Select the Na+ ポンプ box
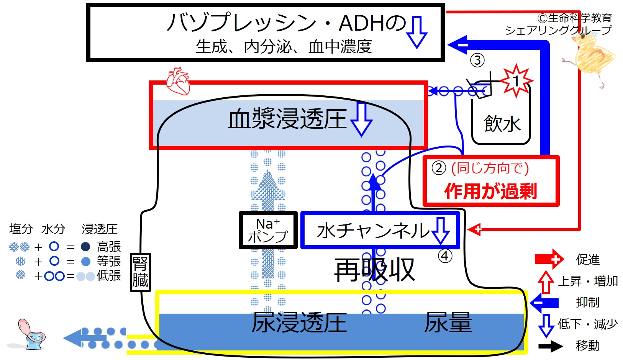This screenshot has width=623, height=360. coord(268,230)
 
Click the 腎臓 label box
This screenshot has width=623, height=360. coord(140,272)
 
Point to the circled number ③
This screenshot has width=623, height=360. coord(477,61)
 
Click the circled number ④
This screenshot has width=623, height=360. coord(445,256)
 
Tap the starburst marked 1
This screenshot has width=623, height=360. coord(516,81)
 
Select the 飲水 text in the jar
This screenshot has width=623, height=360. coord(502,124)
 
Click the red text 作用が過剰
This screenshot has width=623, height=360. coord(490,191)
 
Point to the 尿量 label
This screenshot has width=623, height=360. coord(448,322)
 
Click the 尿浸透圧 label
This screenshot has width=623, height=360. coord(299,322)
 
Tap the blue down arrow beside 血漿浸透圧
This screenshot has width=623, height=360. coord(361,119)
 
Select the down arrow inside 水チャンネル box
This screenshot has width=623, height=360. coord(440,231)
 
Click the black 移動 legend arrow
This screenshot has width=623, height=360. coord(551,346)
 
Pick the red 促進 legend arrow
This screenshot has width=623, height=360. coord(549,259)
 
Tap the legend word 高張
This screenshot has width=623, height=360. coord(109,246)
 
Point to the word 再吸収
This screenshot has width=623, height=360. coord(374,270)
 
